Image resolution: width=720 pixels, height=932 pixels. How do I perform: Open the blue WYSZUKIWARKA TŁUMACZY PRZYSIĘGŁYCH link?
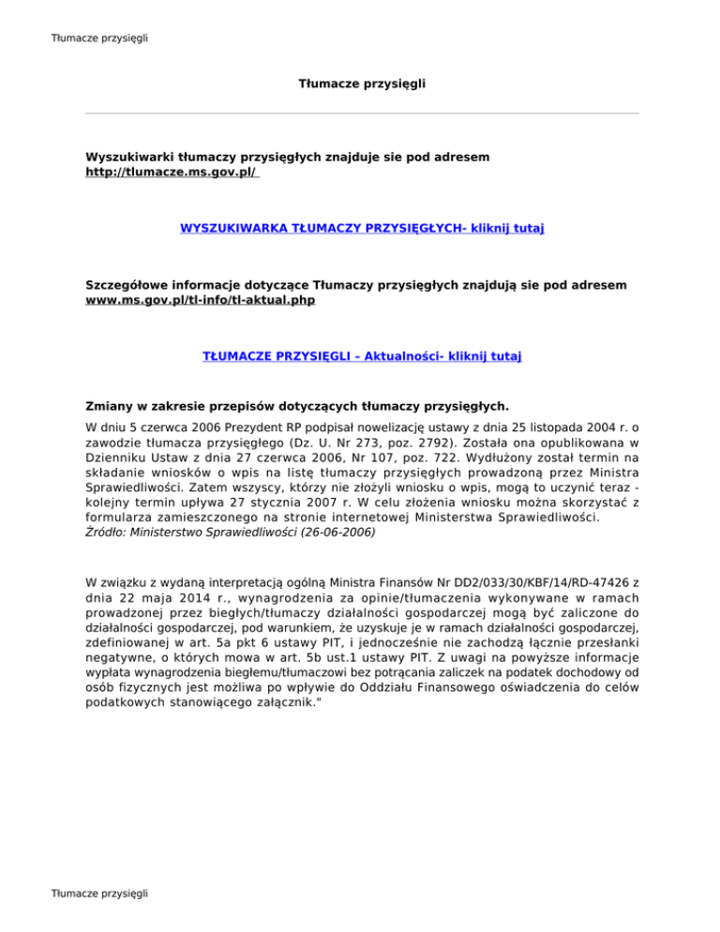[x=362, y=228]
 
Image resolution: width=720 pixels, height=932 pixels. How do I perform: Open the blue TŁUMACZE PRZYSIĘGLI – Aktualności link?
[x=362, y=356]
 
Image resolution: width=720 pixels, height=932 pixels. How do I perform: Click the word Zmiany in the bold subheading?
[x=109, y=407]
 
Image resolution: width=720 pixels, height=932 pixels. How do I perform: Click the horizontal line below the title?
[x=362, y=114]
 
